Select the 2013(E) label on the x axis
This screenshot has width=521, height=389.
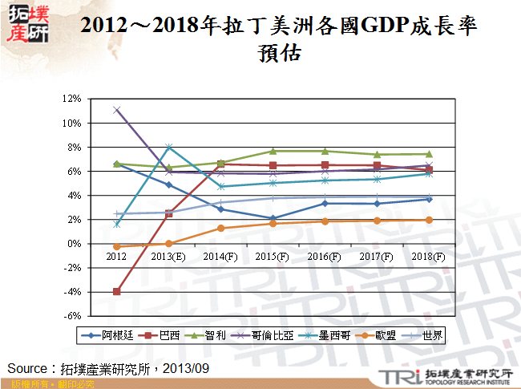click(170, 256)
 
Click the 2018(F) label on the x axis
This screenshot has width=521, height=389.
click(428, 256)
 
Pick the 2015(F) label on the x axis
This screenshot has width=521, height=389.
click(273, 256)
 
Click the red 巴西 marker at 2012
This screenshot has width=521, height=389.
click(117, 292)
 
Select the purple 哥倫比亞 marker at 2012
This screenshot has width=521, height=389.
click(117, 110)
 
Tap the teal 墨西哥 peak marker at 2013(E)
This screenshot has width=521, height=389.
click(169, 147)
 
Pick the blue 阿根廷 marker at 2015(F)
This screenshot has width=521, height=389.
click(273, 218)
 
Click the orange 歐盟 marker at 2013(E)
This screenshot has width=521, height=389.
click(169, 243)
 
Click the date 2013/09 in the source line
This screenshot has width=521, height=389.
click(189, 368)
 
